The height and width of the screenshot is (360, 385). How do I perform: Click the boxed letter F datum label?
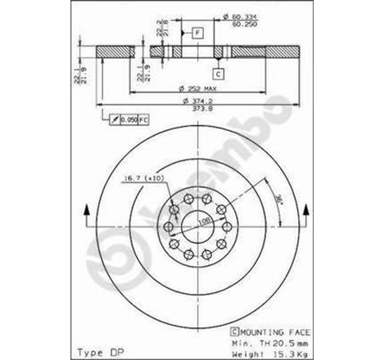197,32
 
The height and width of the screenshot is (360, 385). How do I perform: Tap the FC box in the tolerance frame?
145,120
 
